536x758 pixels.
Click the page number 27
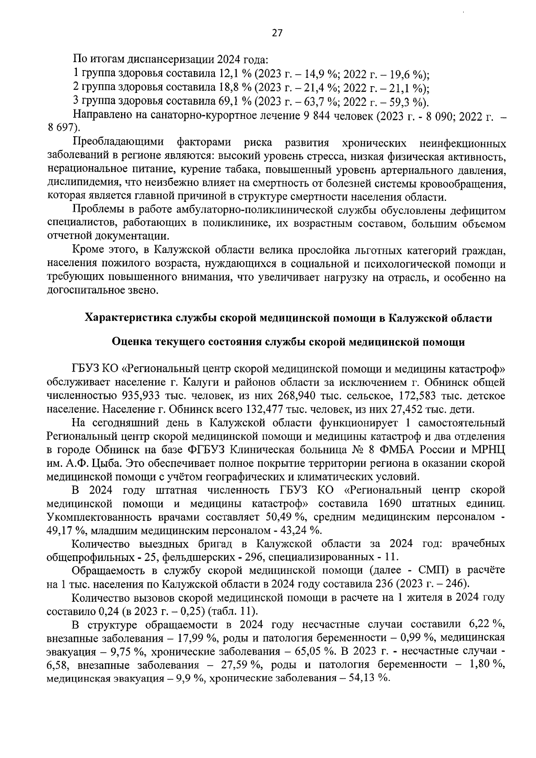276,33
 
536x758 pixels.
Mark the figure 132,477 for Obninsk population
265,409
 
